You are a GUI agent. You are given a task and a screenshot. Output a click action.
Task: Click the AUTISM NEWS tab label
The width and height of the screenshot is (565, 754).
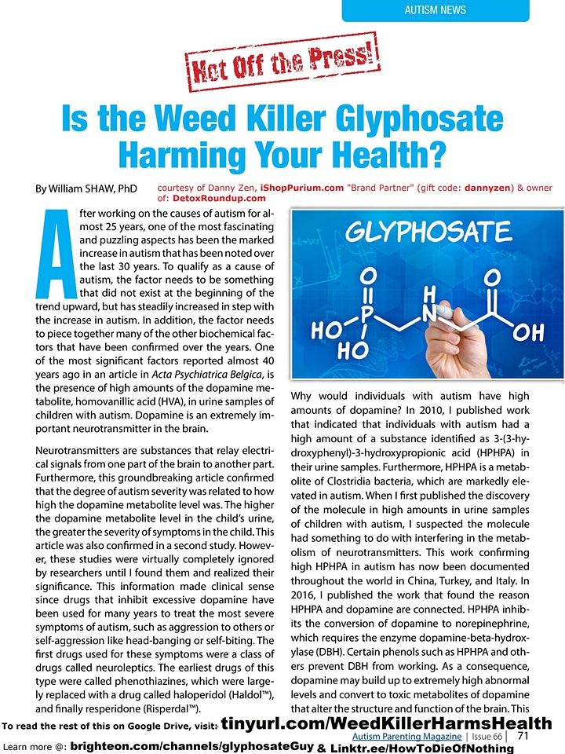[435, 10]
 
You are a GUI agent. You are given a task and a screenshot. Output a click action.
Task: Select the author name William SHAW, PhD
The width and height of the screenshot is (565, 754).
[86, 189]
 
